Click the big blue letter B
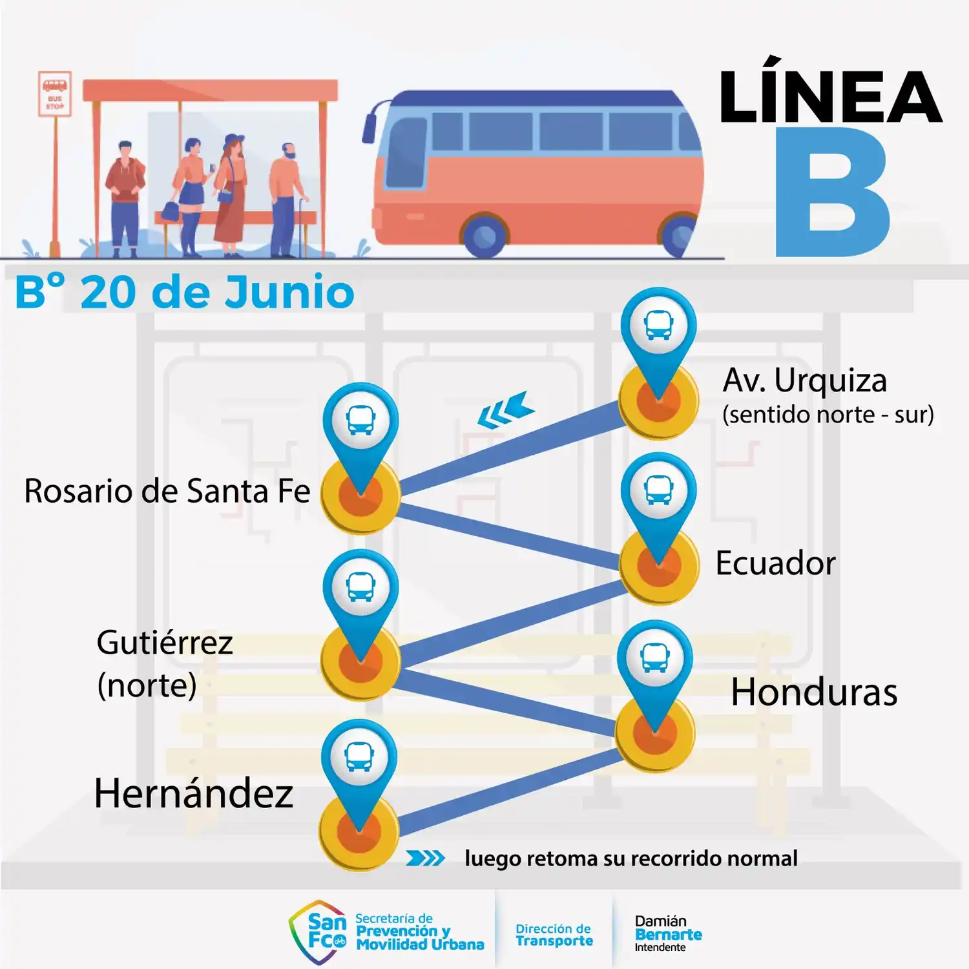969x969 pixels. (832, 192)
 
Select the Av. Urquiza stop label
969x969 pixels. (805, 380)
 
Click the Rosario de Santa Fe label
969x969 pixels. (167, 491)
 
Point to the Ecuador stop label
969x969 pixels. (775, 563)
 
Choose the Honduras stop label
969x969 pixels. (814, 692)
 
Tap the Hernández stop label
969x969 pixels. (193, 793)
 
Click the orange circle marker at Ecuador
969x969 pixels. (659, 565)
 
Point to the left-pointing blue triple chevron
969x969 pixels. (506, 410)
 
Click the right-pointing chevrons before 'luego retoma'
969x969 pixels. (425, 858)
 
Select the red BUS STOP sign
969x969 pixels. (55, 94)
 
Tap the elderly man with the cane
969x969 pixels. (287, 200)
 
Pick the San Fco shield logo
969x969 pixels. (318, 932)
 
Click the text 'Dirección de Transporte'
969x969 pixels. (554, 935)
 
